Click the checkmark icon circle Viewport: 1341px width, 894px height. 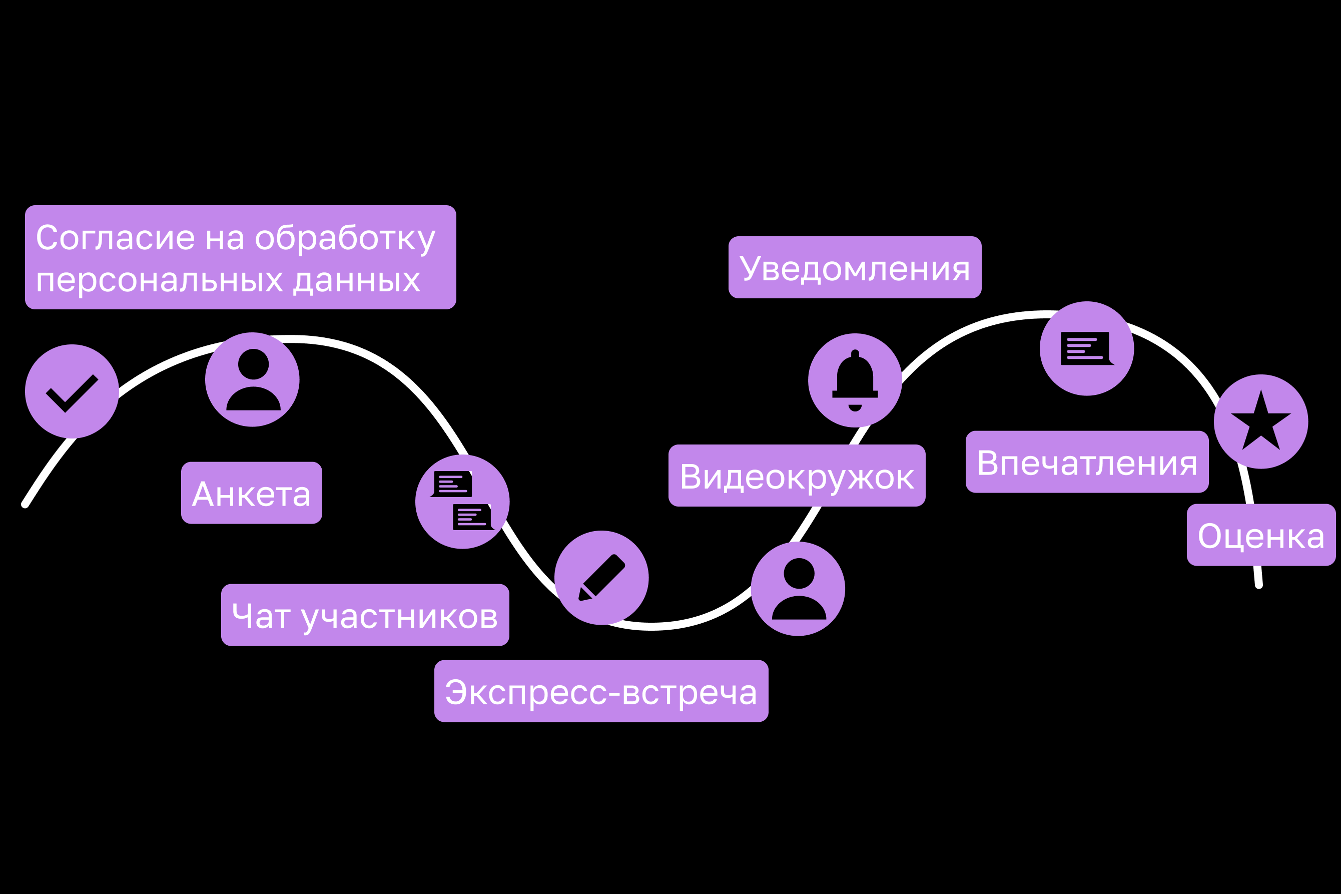tap(72, 391)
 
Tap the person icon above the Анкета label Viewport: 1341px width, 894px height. tap(253, 379)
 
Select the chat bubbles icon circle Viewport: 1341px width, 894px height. tap(462, 502)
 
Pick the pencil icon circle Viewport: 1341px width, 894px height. tap(601, 578)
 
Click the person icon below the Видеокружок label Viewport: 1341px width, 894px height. tap(798, 589)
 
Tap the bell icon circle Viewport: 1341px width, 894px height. tap(855, 380)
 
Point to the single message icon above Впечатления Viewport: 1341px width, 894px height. tap(1087, 348)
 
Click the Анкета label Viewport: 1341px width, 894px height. tap(251, 493)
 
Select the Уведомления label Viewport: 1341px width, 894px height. tap(855, 267)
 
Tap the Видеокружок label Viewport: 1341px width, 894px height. tap(797, 476)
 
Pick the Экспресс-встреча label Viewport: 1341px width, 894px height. tap(601, 691)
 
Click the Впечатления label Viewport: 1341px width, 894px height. tap(1087, 462)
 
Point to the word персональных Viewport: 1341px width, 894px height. tap(160, 280)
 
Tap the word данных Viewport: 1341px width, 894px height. tap(357, 280)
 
